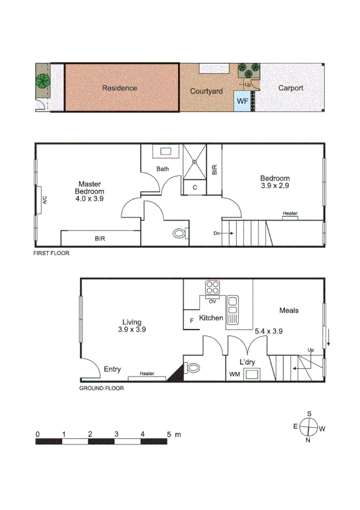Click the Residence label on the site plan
click(x=119, y=88)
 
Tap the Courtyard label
click(x=206, y=91)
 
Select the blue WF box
click(x=242, y=101)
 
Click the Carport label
click(x=290, y=88)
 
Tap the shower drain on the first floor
click(x=194, y=161)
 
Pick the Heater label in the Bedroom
click(x=290, y=213)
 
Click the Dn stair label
click(x=216, y=233)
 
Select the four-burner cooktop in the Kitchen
click(x=212, y=286)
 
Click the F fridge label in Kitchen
click(x=192, y=321)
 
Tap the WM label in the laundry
click(x=235, y=374)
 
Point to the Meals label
click(x=288, y=310)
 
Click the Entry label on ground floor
click(x=112, y=369)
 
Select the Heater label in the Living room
click(x=147, y=374)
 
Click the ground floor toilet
click(x=194, y=367)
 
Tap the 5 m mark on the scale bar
click(x=169, y=434)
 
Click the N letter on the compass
click(x=308, y=440)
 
